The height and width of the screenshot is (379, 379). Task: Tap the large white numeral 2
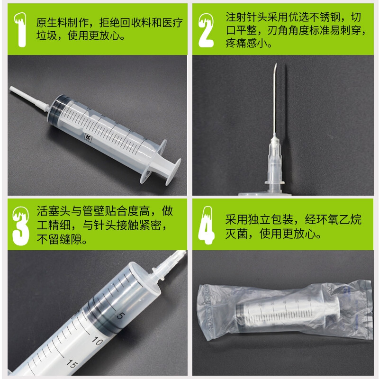(206, 30)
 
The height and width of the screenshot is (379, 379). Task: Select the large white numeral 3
(21, 226)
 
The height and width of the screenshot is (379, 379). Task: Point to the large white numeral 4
(206, 226)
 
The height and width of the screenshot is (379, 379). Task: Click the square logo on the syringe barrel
(88, 137)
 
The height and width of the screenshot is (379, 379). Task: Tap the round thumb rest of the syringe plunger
(173, 171)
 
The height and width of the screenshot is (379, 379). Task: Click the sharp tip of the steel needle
(276, 64)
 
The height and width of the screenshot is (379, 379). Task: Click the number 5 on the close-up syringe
(121, 316)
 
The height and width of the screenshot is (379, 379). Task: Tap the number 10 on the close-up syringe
(98, 341)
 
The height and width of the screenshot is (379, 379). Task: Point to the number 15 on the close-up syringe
(72, 363)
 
